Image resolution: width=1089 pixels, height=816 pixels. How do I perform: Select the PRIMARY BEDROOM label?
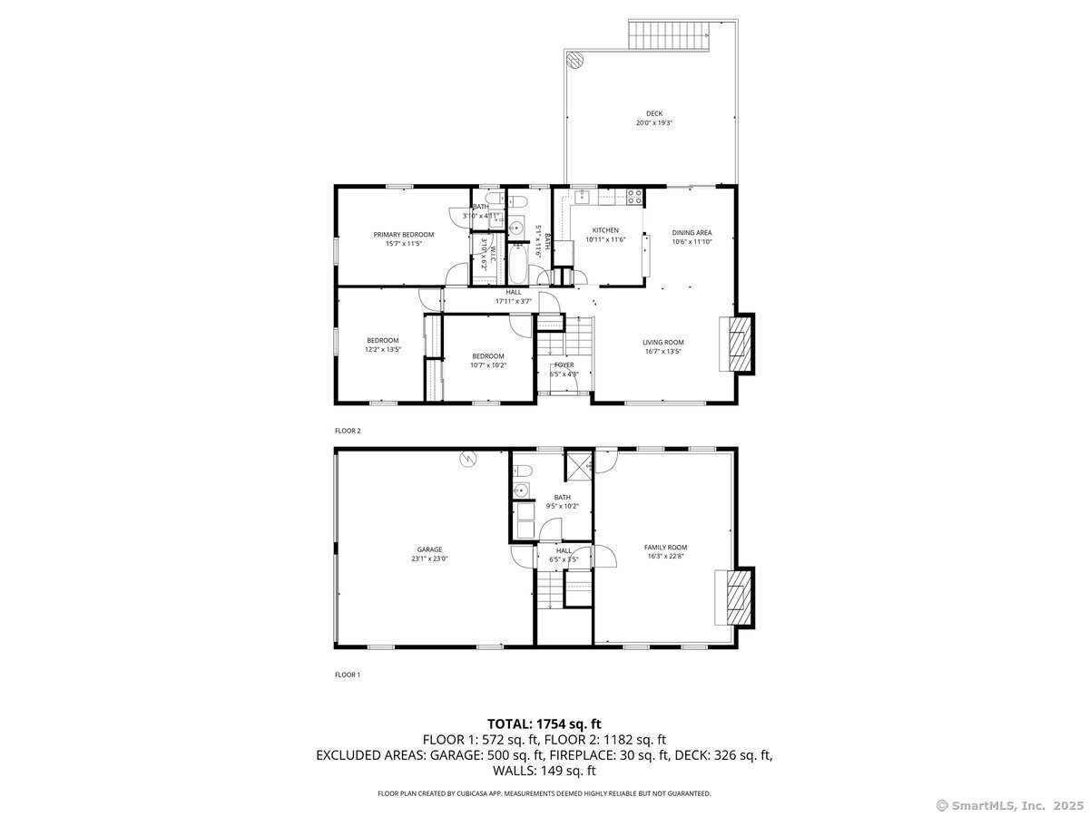[404, 235]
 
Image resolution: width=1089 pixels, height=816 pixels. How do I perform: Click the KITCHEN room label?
[605, 230]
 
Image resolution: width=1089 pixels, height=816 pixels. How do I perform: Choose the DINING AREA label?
[692, 233]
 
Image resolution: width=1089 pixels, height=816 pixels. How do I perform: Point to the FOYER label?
[564, 364]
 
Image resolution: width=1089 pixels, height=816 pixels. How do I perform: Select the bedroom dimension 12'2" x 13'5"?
[383, 349]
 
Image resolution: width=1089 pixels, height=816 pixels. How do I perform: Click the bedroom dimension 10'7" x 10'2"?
[488, 365]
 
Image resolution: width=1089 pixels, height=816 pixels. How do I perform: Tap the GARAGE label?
[429, 549]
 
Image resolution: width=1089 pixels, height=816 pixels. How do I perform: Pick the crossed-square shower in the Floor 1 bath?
[578, 464]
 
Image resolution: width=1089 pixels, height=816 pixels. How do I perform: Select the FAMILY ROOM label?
[665, 548]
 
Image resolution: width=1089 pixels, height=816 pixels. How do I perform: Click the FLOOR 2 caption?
[348, 431]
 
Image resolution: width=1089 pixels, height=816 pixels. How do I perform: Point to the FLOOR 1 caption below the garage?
[348, 675]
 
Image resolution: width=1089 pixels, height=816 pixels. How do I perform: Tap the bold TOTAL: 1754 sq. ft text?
[544, 724]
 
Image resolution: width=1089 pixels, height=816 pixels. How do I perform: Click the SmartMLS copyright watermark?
[1010, 805]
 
